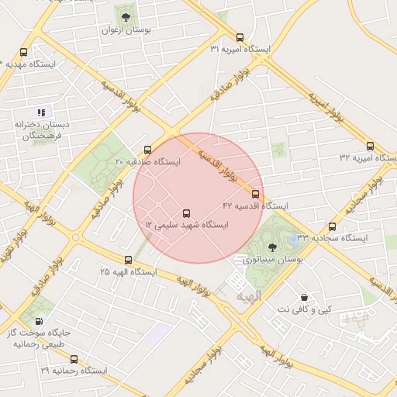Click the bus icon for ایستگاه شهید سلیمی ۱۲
pos(185,213)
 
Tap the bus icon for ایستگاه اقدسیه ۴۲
pos(255,194)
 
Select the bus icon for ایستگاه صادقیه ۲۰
pos(147,150)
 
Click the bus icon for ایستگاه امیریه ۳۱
pos(240,37)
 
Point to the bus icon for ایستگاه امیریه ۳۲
pos(369,145)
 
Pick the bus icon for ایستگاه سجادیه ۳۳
pos(332,226)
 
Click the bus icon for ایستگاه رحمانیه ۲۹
pos(74,359)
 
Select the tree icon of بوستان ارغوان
pos(126,17)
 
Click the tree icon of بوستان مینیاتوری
pos(271,246)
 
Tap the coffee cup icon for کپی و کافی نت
pos(304,297)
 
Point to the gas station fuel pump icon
pos(39,322)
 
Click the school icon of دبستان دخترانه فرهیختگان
pos(42,112)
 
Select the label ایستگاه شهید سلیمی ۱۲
pos(188,226)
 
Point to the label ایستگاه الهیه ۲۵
pos(128,273)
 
